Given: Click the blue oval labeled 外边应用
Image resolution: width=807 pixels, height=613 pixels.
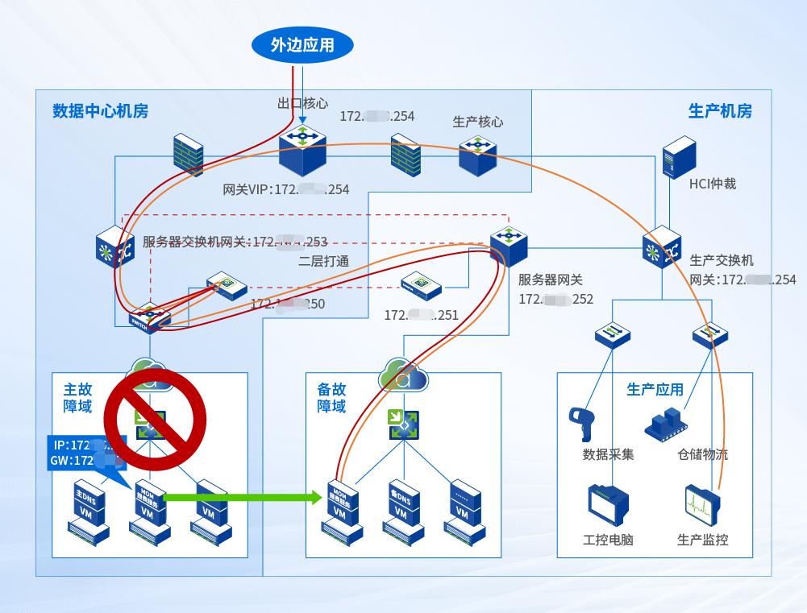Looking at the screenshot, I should pyautogui.click(x=302, y=45).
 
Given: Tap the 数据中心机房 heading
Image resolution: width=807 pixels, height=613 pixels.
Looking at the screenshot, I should pyautogui.click(x=100, y=111).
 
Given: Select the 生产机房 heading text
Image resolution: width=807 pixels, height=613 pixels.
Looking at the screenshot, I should pyautogui.click(x=720, y=111).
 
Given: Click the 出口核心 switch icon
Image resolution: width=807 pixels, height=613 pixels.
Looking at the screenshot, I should pyautogui.click(x=303, y=150).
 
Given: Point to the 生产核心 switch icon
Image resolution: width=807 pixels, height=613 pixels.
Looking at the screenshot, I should pyautogui.click(x=477, y=155).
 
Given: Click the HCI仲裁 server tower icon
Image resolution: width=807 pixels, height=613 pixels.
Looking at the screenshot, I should pyautogui.click(x=678, y=155).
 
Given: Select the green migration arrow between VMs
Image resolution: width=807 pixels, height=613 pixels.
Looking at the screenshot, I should pyautogui.click(x=242, y=497).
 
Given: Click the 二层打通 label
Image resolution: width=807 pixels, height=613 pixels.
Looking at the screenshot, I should pyautogui.click(x=323, y=260).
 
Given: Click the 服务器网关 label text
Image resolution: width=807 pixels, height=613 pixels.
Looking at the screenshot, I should pyautogui.click(x=550, y=280).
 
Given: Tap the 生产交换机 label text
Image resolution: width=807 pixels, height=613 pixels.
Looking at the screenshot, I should pyautogui.click(x=722, y=261).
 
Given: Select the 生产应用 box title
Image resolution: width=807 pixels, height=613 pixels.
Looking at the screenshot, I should pyautogui.click(x=655, y=390).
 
